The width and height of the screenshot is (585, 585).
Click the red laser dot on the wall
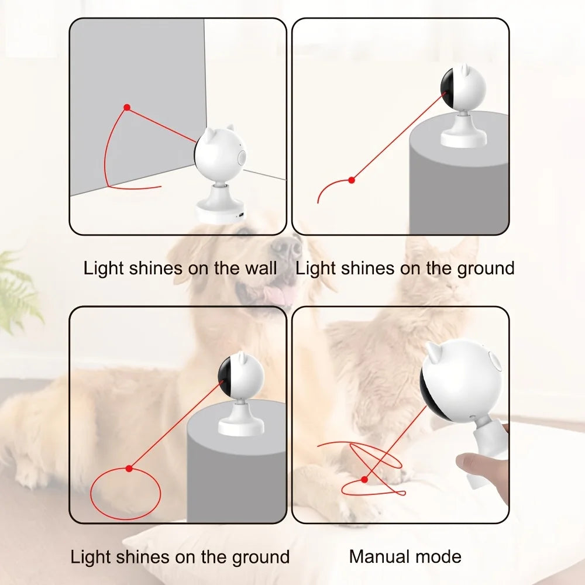[127, 108]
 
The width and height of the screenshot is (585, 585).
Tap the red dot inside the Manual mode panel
[364, 479]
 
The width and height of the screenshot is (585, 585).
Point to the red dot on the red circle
[129, 468]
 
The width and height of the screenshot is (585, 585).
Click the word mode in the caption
[439, 556]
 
